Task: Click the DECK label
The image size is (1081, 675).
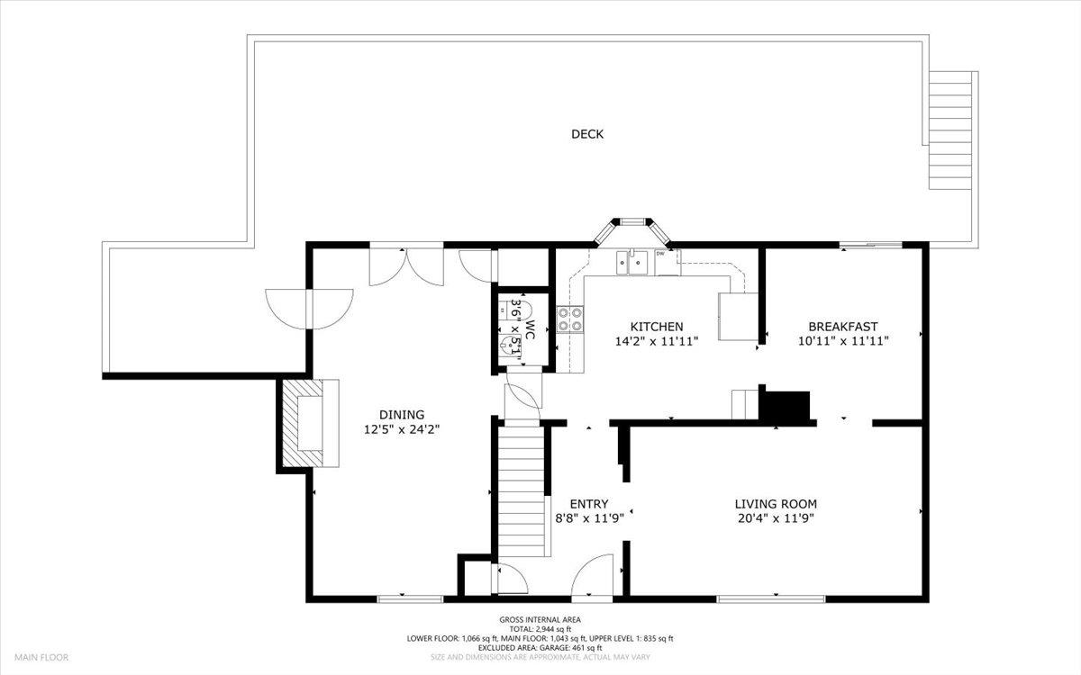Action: [x=587, y=135]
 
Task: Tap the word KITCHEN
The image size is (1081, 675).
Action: [x=656, y=327]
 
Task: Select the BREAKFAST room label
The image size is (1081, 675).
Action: [x=842, y=327]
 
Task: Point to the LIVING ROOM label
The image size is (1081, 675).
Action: [x=776, y=504]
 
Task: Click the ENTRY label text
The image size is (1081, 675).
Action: [x=589, y=504]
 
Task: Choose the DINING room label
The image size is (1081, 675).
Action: [x=402, y=415]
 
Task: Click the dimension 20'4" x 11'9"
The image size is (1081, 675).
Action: [x=776, y=518]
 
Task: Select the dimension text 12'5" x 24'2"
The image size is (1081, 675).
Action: [x=402, y=429]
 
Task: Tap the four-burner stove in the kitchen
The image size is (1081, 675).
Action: [x=570, y=319]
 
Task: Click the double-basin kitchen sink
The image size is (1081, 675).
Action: [x=633, y=263]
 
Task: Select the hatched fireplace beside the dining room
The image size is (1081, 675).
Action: [x=300, y=423]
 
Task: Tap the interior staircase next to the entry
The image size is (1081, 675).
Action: [x=520, y=490]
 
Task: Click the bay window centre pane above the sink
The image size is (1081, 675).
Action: [x=631, y=220]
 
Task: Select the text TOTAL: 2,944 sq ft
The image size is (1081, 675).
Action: [x=540, y=629]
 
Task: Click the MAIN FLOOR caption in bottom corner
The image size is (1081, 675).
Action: [x=41, y=658]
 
